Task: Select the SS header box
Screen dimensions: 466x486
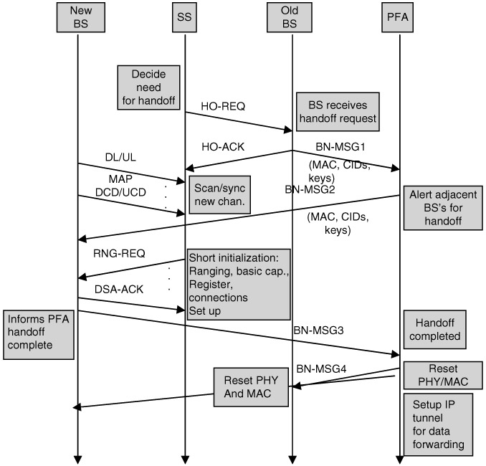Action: click(184, 16)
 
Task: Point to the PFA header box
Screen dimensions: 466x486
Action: click(399, 16)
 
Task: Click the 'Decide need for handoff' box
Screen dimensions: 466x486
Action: click(149, 87)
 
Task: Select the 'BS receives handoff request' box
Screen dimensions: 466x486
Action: click(337, 110)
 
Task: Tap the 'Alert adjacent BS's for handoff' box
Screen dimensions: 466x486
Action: click(439, 209)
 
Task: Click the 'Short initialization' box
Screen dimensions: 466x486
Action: click(238, 285)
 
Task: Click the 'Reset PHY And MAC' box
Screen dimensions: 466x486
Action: click(250, 386)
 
